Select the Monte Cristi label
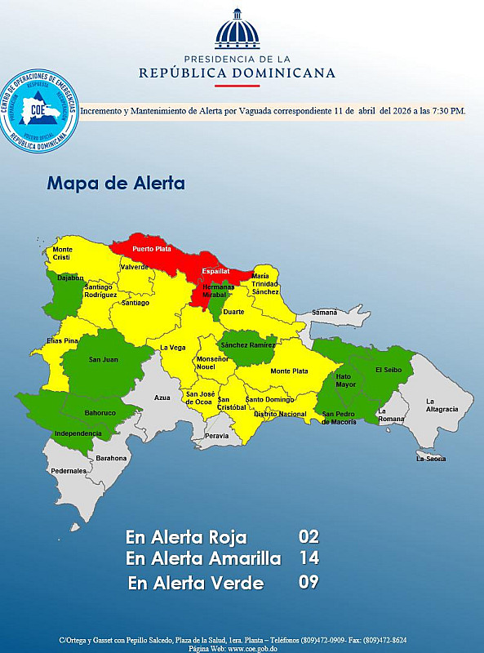pos(63,253)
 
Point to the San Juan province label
pos(103,360)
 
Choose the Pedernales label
pos(68,471)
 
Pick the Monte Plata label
pos(288,371)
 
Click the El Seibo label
pos(389,370)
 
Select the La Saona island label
pos(430,459)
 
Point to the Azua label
pos(162,398)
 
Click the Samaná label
pos(323,313)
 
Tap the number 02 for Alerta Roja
pos(309,537)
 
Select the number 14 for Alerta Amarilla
pos(309,559)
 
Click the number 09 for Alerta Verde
pos(309,582)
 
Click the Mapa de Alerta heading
pos(116,183)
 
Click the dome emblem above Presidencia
pos(237,30)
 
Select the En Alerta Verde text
pos(196,583)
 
